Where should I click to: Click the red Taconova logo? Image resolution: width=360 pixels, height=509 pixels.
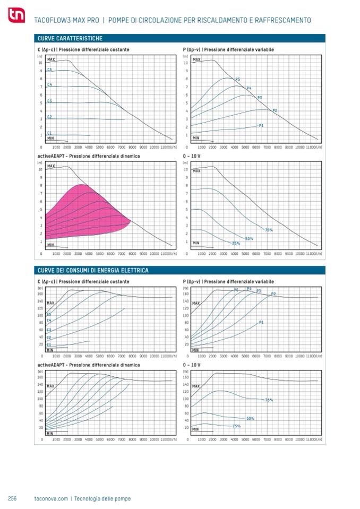coord(14,17)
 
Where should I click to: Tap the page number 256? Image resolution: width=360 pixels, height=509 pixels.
coord(12,498)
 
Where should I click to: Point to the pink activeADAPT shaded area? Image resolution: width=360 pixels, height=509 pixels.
coord(85,212)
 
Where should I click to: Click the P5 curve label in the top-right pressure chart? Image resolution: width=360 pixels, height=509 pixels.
coord(237,79)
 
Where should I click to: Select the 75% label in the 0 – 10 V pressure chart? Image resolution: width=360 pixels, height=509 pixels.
coord(269,230)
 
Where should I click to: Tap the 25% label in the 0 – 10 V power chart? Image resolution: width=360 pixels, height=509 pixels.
coord(236,426)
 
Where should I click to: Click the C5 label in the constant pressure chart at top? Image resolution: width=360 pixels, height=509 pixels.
coord(49,70)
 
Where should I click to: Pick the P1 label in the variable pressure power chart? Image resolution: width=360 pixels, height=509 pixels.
coord(261,322)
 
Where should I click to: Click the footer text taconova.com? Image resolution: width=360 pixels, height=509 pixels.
coord(51,498)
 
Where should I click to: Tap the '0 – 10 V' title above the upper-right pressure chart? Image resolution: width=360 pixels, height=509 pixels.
coord(192,157)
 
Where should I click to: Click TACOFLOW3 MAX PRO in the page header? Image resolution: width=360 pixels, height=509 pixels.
coord(66,20)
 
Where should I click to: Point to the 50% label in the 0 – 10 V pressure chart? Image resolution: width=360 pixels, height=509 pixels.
coord(249,238)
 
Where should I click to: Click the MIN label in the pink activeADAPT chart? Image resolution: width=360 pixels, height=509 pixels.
coord(50,245)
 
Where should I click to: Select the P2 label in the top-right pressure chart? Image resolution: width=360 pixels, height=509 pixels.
coord(275,110)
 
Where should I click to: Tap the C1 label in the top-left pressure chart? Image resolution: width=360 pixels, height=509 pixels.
coord(49,133)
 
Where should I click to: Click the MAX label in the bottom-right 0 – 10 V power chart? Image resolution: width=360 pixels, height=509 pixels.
coord(196,386)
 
